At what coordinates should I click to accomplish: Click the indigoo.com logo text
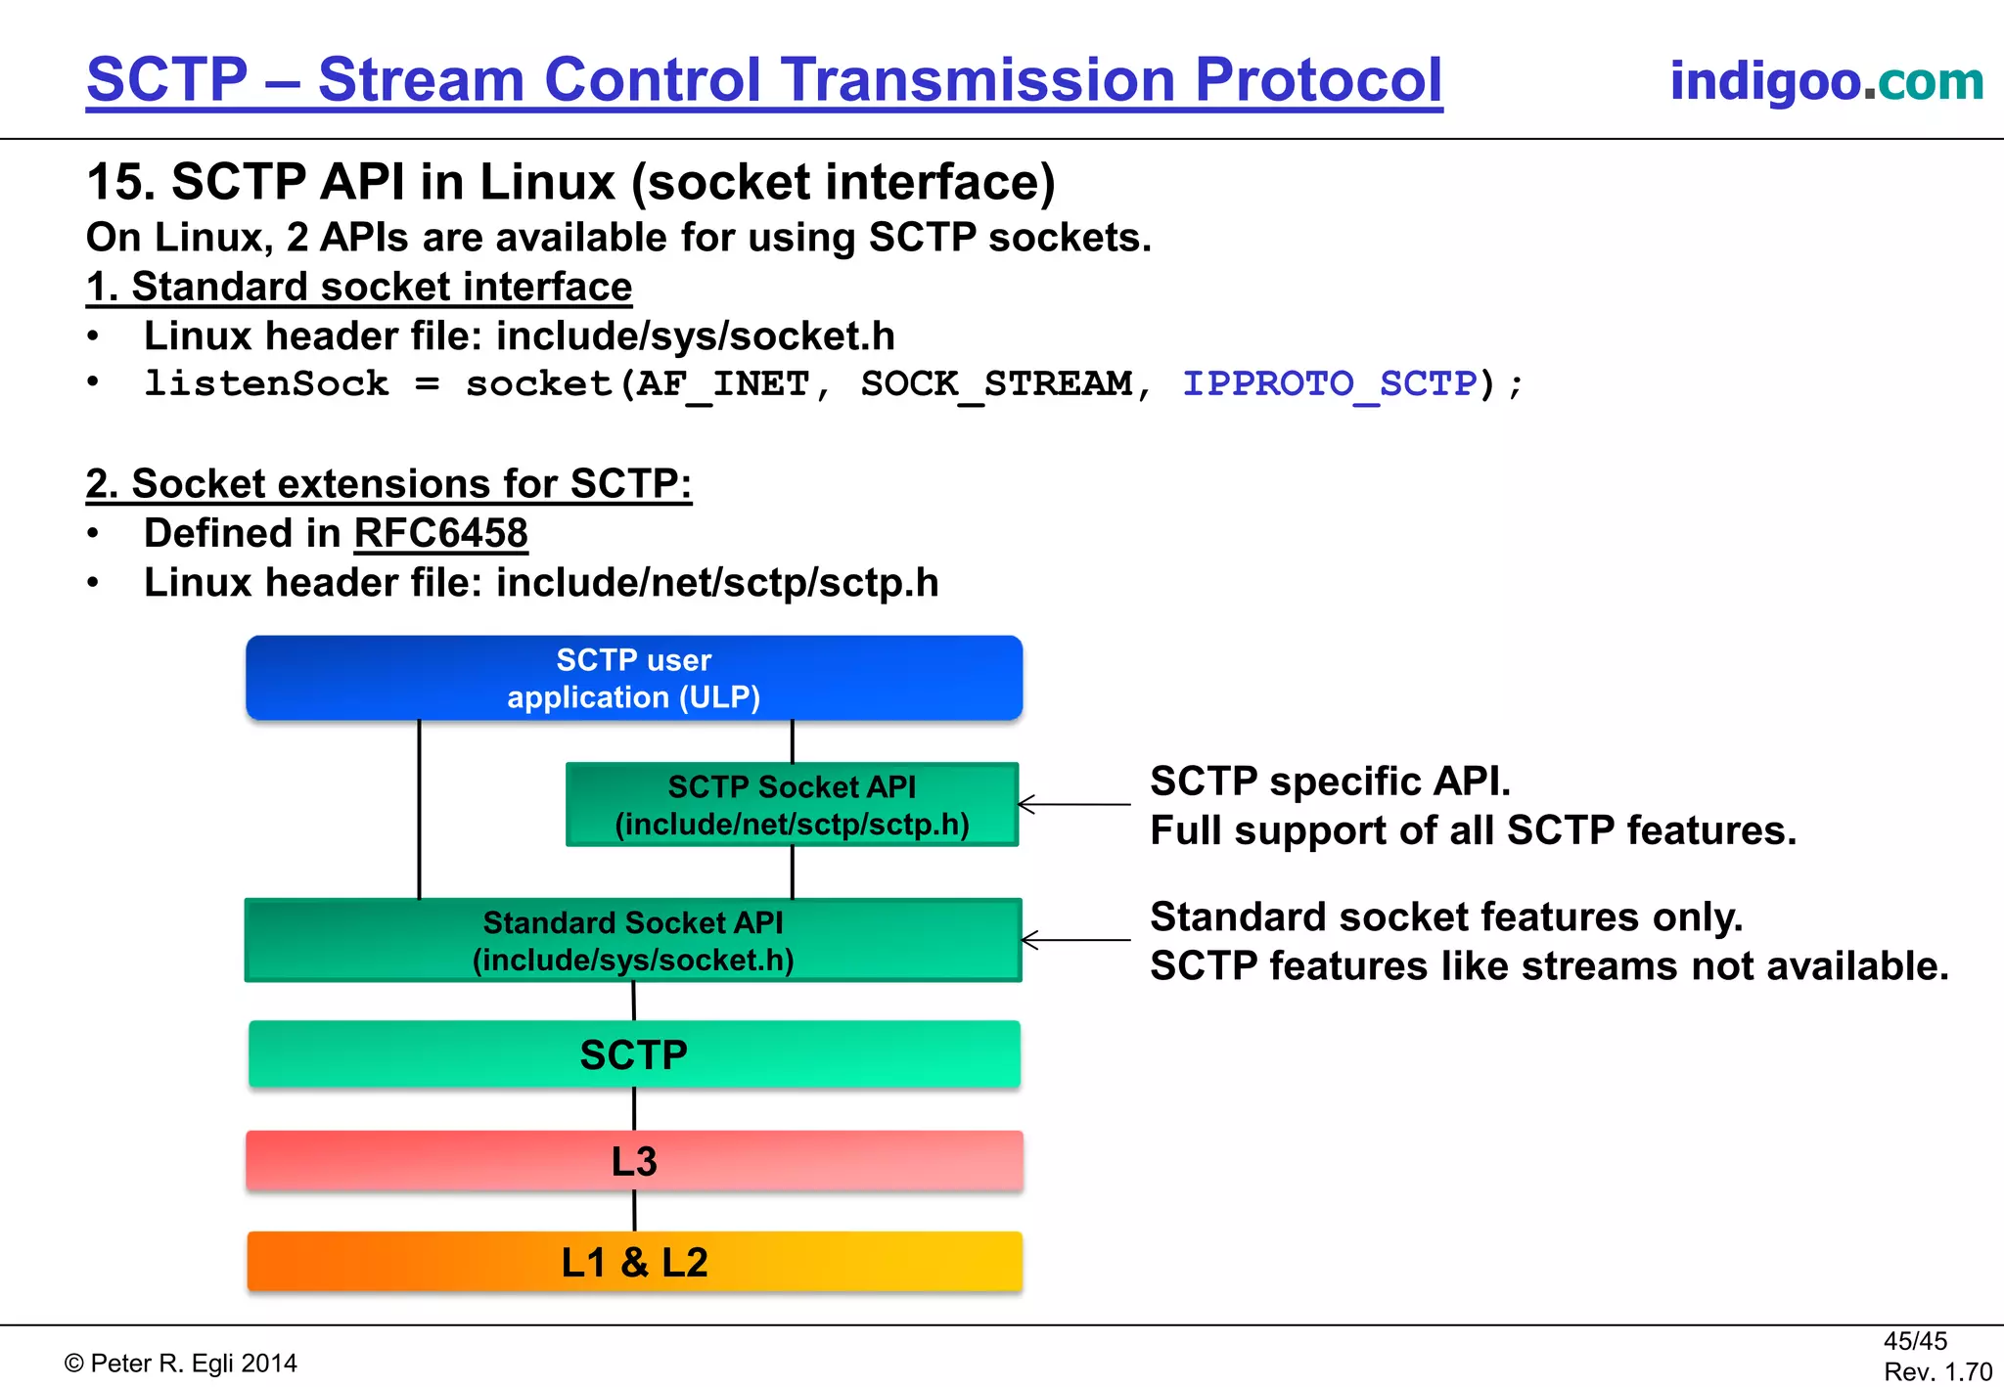tap(1826, 80)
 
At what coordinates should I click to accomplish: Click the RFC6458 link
tap(440, 534)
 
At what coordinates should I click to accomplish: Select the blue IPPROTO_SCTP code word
tap(1330, 383)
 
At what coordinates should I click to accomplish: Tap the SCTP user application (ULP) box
tap(634, 678)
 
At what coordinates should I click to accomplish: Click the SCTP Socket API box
tap(792, 805)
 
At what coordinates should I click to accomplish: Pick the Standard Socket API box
tap(633, 941)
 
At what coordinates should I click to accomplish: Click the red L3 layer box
tap(634, 1161)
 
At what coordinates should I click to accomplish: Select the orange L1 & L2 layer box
tap(634, 1262)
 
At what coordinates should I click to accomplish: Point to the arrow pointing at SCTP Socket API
tap(1074, 805)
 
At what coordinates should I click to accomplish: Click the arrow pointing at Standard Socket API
tap(1074, 940)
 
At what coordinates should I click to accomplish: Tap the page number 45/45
tap(1915, 1341)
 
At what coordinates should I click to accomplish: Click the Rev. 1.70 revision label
tap(1937, 1371)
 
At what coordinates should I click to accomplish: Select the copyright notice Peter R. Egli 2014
tap(181, 1364)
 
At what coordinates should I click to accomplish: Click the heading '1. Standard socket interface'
tap(359, 288)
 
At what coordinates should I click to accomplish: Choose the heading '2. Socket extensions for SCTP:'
tap(388, 484)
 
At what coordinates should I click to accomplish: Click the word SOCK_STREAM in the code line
tap(996, 383)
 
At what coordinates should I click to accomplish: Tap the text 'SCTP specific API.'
tap(1330, 782)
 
